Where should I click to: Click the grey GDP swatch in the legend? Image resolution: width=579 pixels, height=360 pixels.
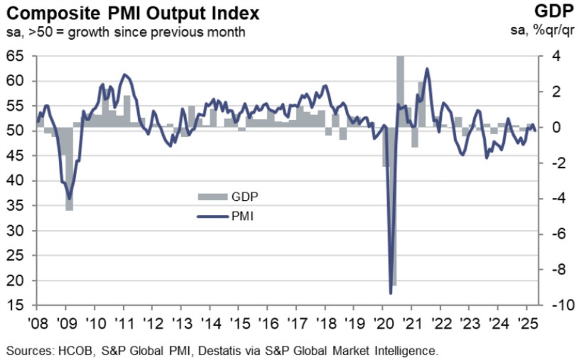[213, 196]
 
